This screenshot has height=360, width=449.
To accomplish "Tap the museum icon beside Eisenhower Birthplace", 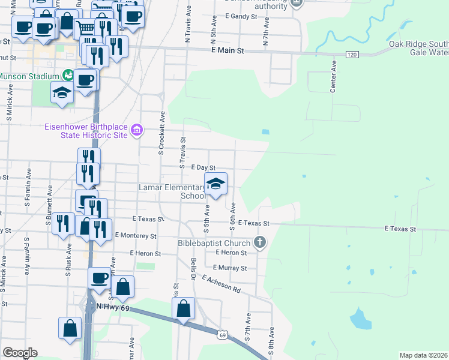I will coord(137,130).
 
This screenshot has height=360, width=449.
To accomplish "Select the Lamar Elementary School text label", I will coord(172,191).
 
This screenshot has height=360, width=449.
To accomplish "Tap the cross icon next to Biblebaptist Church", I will coord(259,242).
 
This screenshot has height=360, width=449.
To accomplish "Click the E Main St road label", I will coord(228,52).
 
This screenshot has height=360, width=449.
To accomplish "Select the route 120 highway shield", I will coord(352,55).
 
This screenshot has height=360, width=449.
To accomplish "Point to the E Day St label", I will coord(203,169).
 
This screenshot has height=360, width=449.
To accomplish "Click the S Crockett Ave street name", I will coord(161,132).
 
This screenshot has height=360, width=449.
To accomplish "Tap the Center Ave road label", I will coord(333,74).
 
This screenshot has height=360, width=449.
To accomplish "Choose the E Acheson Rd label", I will coord(221,284).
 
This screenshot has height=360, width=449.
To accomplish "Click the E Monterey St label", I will coord(139,236).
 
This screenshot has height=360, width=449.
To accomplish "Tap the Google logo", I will coord(20,353).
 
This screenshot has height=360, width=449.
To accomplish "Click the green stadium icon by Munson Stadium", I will coord(68,76).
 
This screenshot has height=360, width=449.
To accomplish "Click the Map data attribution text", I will coord(423,355).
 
